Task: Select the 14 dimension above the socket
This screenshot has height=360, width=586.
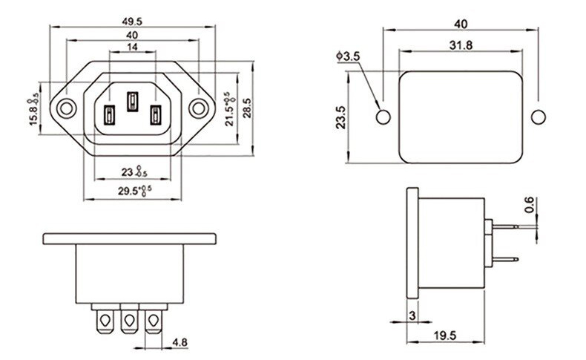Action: pyautogui.click(x=133, y=47)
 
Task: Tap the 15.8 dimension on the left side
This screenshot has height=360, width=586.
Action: pyautogui.click(x=33, y=109)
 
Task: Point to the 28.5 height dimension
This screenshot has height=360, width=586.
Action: pyautogui.click(x=248, y=108)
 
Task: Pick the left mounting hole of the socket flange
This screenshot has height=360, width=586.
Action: pyautogui.click(x=67, y=108)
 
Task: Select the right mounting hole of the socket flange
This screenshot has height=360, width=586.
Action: pyautogui.click(x=198, y=108)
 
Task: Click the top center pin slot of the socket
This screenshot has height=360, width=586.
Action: pyautogui.click(x=133, y=100)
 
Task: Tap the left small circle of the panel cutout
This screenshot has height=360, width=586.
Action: pyautogui.click(x=383, y=117)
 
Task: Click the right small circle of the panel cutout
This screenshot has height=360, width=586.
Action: pyautogui.click(x=538, y=117)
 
